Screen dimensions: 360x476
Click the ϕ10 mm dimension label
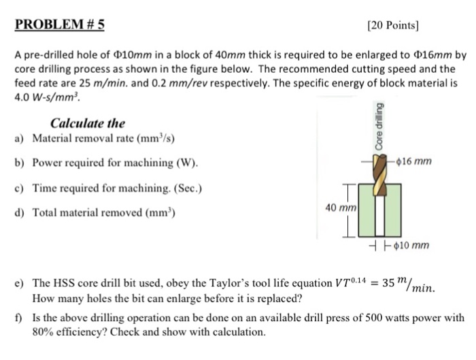pos(409,246)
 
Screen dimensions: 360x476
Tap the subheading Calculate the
pos(88,123)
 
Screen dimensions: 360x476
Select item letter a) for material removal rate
pos(20,139)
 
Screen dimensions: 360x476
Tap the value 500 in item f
pos(360,318)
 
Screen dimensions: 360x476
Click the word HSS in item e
pos(66,282)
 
